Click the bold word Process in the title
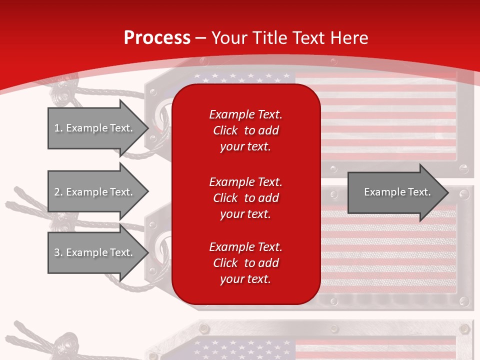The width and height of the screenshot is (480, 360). (157, 37)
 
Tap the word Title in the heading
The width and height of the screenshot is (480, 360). (267, 37)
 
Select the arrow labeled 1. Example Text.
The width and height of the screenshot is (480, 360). (95, 128)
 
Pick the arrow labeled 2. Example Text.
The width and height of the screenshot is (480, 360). (95, 192)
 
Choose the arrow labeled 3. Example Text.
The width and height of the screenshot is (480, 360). (95, 252)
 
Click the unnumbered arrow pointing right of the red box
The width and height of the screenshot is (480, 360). (395, 192)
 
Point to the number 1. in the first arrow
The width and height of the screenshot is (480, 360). (58, 128)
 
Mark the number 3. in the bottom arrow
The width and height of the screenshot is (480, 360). (58, 252)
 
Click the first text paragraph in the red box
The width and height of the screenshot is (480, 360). (245, 130)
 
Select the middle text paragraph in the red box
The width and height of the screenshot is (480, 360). (245, 198)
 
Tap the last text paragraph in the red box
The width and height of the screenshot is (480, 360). (245, 263)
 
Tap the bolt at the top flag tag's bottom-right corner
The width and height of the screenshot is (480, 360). (464, 169)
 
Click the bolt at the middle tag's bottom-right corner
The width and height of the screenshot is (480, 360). (464, 301)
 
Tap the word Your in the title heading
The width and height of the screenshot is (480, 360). (228, 37)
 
